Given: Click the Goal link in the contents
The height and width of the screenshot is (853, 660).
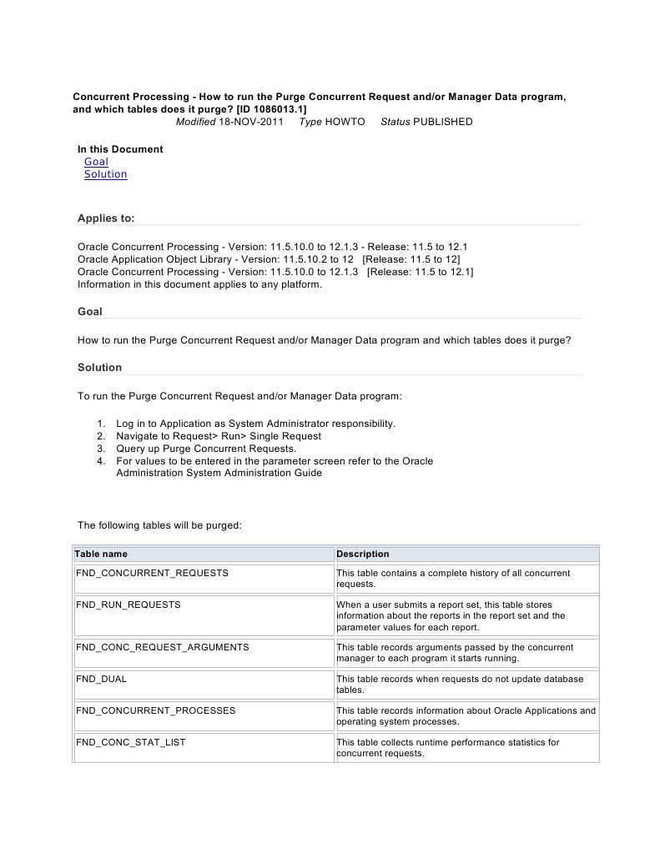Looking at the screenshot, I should click(x=96, y=162).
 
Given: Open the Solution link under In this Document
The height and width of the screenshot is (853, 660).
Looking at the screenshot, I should click(x=105, y=174).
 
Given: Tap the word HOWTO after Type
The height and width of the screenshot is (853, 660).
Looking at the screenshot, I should click(x=345, y=122).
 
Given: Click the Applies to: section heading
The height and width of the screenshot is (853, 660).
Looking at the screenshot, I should click(x=106, y=218).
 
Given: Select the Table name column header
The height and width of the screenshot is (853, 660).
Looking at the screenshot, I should click(x=101, y=554).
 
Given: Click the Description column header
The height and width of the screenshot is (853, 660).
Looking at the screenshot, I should click(x=363, y=554).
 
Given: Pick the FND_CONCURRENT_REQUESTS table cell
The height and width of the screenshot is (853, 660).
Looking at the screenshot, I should click(x=152, y=574).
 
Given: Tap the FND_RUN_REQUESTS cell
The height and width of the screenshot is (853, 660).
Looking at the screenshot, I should click(x=128, y=605).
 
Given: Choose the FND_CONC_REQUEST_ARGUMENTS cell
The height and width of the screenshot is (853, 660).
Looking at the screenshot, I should click(x=163, y=647).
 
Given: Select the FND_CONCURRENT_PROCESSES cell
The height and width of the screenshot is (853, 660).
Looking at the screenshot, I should click(x=156, y=710).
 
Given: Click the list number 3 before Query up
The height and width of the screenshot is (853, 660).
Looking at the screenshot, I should click(x=100, y=449).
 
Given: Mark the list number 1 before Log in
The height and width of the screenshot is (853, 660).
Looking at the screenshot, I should click(x=100, y=424).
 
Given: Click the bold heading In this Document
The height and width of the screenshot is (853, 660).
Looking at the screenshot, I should click(x=120, y=149).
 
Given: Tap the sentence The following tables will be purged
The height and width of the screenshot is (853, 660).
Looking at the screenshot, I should click(x=159, y=525).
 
